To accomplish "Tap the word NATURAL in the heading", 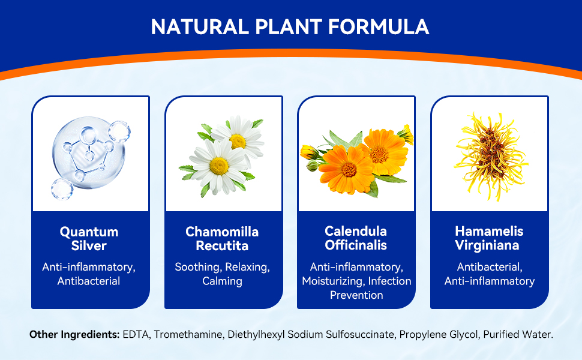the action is click(x=200, y=27).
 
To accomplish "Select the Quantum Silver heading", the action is click(x=89, y=239).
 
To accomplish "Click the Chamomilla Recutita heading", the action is click(x=222, y=239).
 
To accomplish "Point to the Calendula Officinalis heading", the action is click(x=356, y=238).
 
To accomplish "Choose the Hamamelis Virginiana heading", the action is click(x=489, y=238).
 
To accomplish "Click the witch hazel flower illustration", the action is click(x=490, y=157).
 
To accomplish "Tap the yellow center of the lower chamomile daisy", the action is click(x=219, y=166).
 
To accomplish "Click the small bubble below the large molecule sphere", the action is click(x=62, y=189).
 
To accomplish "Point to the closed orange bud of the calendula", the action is click(x=308, y=152).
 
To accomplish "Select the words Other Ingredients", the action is click(x=74, y=334).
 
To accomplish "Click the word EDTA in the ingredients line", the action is click(x=136, y=334).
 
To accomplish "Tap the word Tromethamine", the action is click(x=188, y=334).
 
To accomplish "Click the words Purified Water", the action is click(x=518, y=334).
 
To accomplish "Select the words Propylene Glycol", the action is click(x=439, y=335).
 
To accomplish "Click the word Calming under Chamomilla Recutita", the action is click(x=222, y=281).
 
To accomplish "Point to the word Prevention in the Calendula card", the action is click(x=356, y=295).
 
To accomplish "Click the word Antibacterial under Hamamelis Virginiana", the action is click(x=490, y=267).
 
